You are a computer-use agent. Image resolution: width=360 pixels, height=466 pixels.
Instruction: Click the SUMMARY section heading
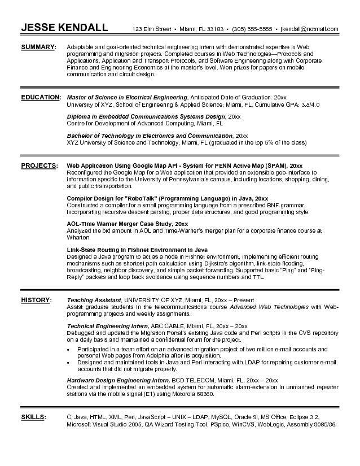(39, 46)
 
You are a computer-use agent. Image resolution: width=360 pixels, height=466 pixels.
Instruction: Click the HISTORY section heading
(37, 299)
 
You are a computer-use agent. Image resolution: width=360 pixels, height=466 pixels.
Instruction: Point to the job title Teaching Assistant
(94, 299)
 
